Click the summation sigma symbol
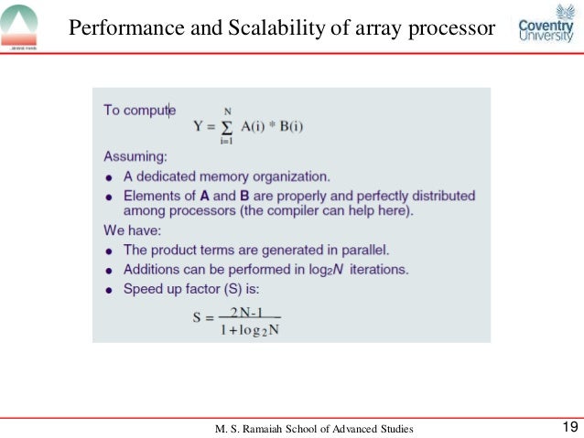coord(225,125)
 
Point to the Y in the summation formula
coord(198,125)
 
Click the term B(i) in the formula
coord(287,125)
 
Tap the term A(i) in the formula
coord(250,125)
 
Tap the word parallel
coord(366,250)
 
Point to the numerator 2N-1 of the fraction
coord(248,312)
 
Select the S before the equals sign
coord(197,321)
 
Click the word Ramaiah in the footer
coord(272,428)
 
